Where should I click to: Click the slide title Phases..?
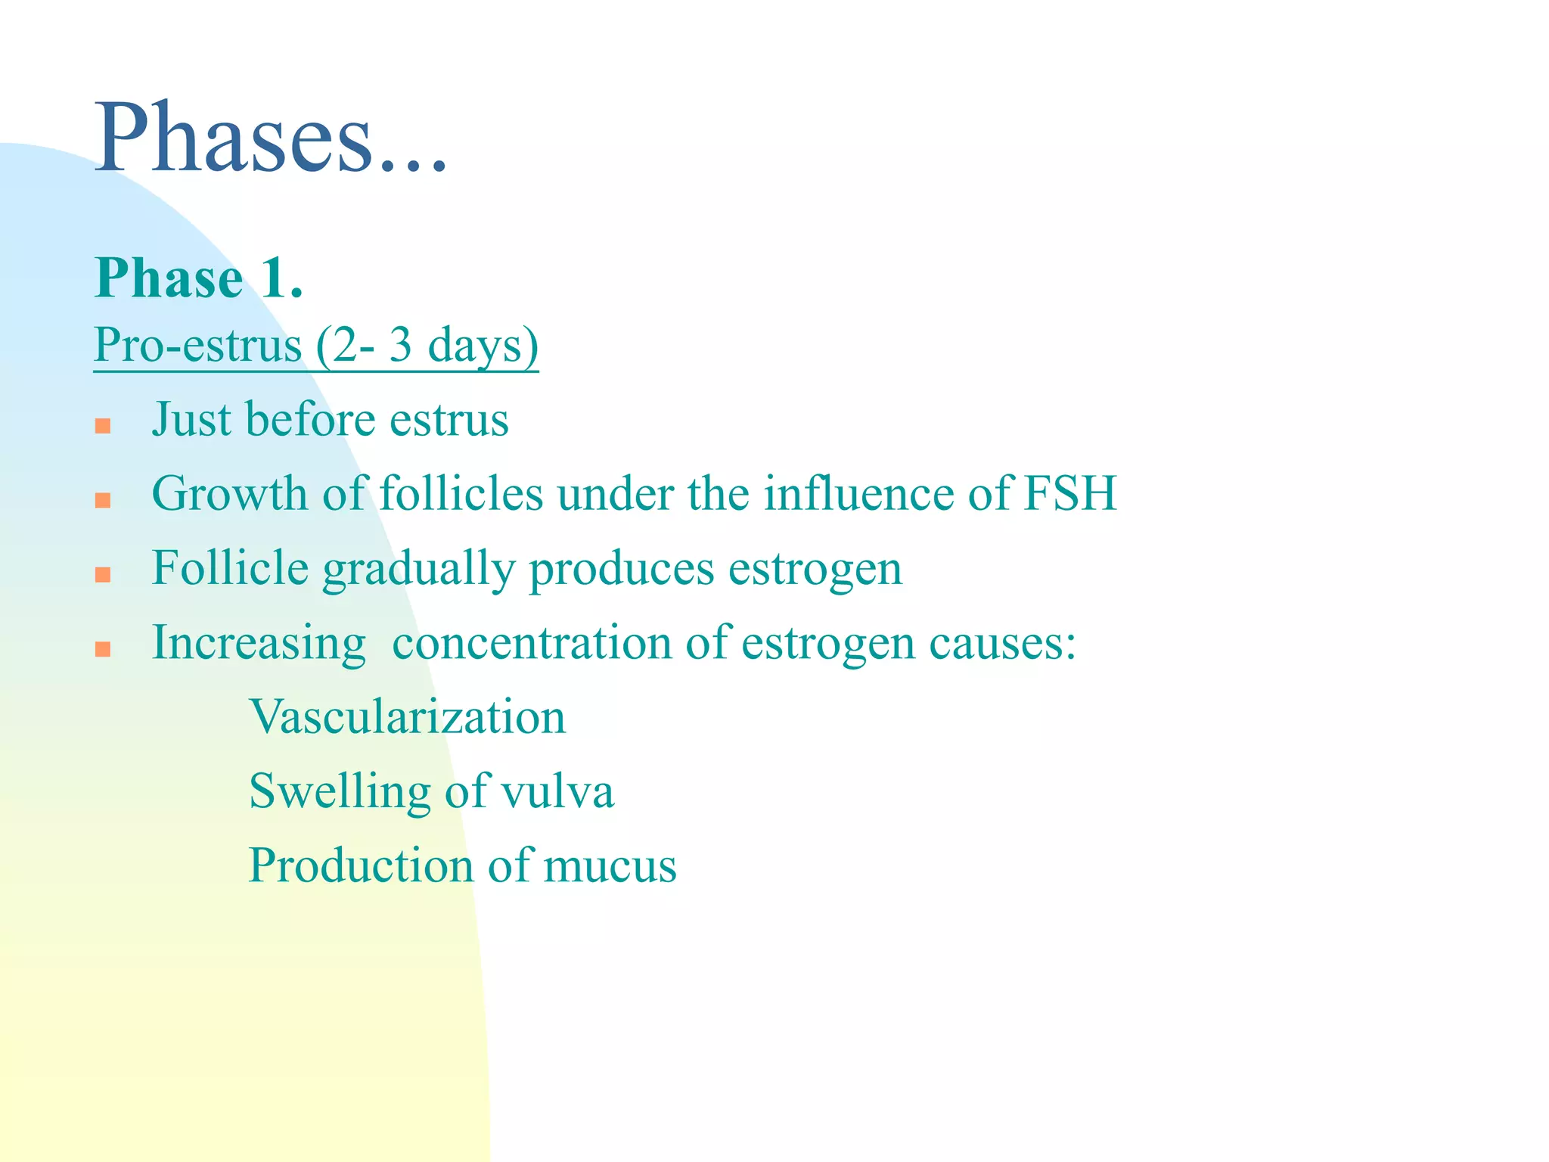click(271, 140)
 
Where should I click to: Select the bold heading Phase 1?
click(198, 278)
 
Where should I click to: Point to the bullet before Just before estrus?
click(104, 426)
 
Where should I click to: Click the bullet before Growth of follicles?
click(104, 500)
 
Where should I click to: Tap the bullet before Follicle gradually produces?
click(104, 575)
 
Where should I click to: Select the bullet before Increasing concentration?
click(104, 649)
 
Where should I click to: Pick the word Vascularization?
click(407, 717)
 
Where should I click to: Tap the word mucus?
click(610, 866)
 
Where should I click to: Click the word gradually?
click(418, 570)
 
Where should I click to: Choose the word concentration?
click(532, 644)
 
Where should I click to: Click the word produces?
click(621, 570)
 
